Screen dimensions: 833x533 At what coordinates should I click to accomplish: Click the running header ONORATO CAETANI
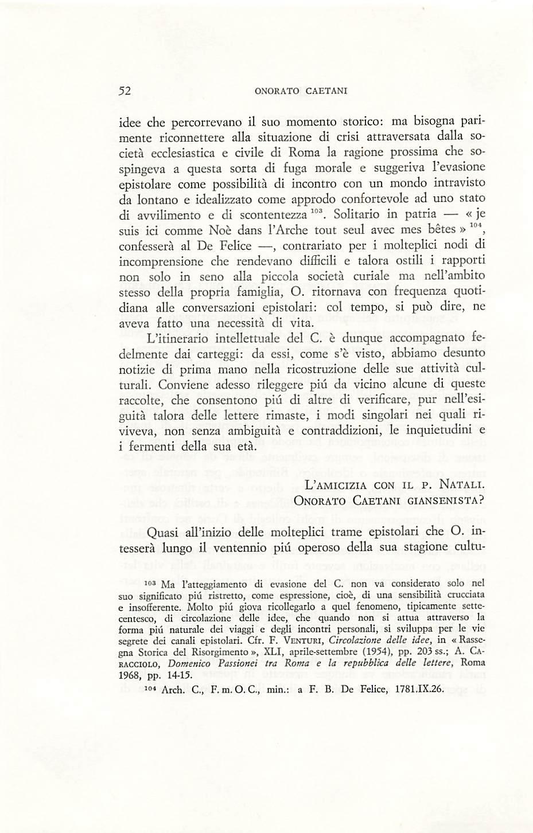pos(301,91)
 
